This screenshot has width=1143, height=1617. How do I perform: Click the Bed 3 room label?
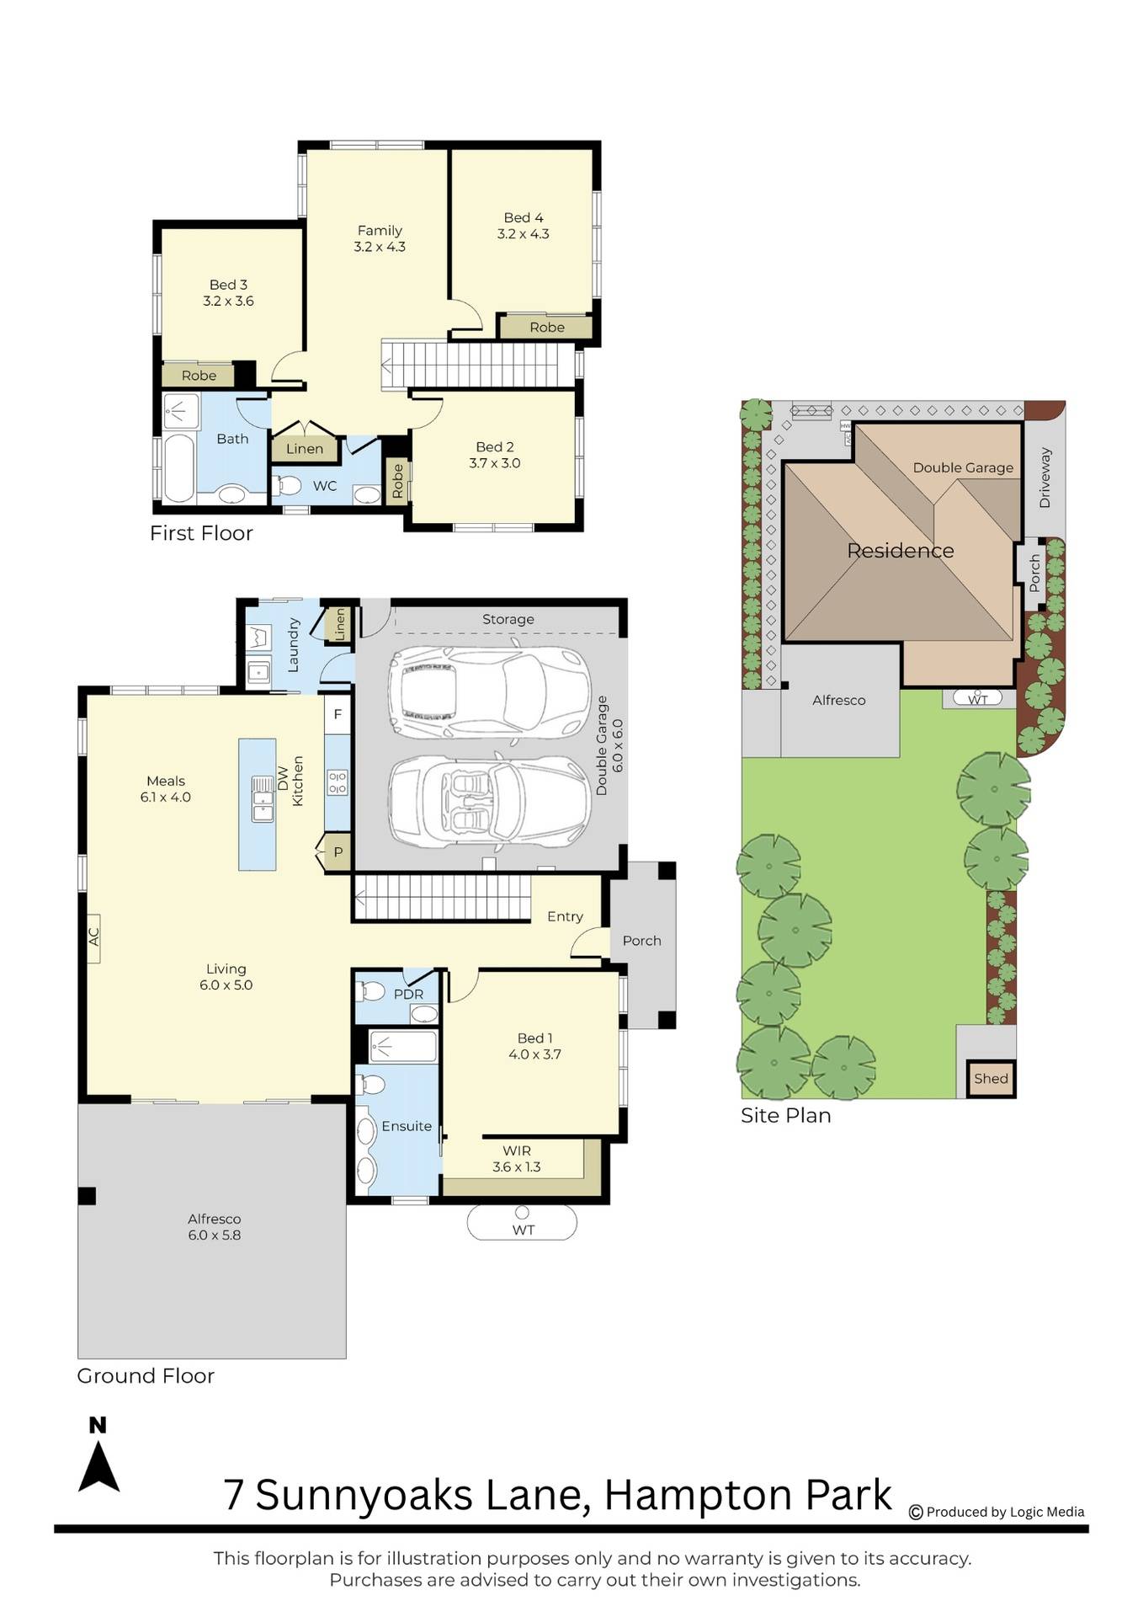pyautogui.click(x=228, y=292)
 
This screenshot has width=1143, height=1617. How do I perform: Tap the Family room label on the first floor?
pyautogui.click(x=380, y=238)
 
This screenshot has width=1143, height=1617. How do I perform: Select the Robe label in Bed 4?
pyautogui.click(x=547, y=328)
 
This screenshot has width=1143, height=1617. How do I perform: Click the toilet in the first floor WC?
pyautogui.click(x=288, y=485)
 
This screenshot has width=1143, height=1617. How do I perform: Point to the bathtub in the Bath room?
pyautogui.click(x=178, y=467)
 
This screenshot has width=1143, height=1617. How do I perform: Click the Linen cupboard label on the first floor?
pyautogui.click(x=305, y=449)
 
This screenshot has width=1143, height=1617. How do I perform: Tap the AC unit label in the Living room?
pyautogui.click(x=93, y=937)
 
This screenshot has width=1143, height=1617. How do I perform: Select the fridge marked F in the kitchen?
pyautogui.click(x=338, y=714)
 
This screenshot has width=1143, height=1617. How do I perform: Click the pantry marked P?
pyautogui.click(x=338, y=851)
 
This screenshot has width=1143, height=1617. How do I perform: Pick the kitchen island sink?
pyautogui.click(x=263, y=798)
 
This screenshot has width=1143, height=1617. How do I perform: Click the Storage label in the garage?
pyautogui.click(x=508, y=619)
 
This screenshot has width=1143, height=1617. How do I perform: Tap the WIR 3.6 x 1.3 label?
pyautogui.click(x=517, y=1159)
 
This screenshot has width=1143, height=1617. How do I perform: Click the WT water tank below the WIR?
pyautogui.click(x=522, y=1223)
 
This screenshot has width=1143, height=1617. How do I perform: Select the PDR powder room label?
pyautogui.click(x=409, y=995)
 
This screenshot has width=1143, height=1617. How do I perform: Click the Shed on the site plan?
pyautogui.click(x=991, y=1079)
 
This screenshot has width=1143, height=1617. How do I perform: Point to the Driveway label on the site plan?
pyautogui.click(x=1045, y=478)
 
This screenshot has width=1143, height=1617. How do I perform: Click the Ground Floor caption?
pyautogui.click(x=146, y=1376)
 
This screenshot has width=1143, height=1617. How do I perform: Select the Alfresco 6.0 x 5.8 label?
pyautogui.click(x=215, y=1227)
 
